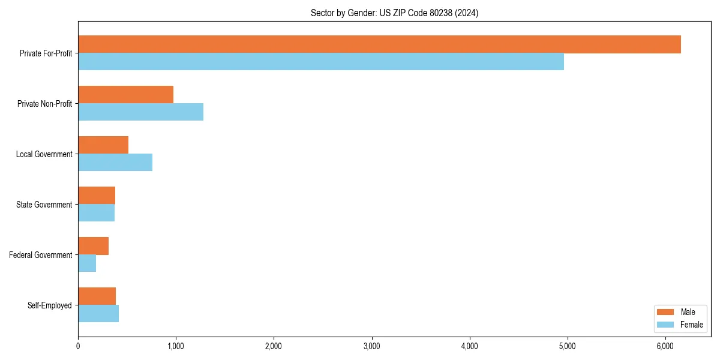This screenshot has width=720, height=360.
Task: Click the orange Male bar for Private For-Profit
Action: [379, 44]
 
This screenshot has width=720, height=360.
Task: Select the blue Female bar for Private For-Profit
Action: [321, 62]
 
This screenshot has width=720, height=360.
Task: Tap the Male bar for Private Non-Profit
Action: [125, 95]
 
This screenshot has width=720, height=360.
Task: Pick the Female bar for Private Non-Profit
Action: [140, 112]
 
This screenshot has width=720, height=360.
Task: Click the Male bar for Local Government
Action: [103, 145]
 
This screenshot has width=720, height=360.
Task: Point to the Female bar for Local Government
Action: [115, 163]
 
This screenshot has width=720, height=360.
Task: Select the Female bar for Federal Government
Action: [87, 263]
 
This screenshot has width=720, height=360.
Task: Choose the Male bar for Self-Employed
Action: [97, 296]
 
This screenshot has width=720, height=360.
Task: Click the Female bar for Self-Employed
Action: [98, 314]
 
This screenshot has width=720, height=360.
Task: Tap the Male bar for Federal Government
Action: [93, 246]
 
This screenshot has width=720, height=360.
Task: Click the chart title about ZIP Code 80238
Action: [394, 13]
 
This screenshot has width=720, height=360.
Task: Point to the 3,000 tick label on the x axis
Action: [372, 346]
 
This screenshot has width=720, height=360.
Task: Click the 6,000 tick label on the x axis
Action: [665, 346]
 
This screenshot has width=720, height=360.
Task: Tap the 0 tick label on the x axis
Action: [78, 346]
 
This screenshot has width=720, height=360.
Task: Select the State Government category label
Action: [44, 205]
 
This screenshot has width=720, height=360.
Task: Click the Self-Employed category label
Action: [49, 305]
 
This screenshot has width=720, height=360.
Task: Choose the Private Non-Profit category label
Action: [44, 104]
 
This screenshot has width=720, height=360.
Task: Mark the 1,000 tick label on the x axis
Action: [176, 346]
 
